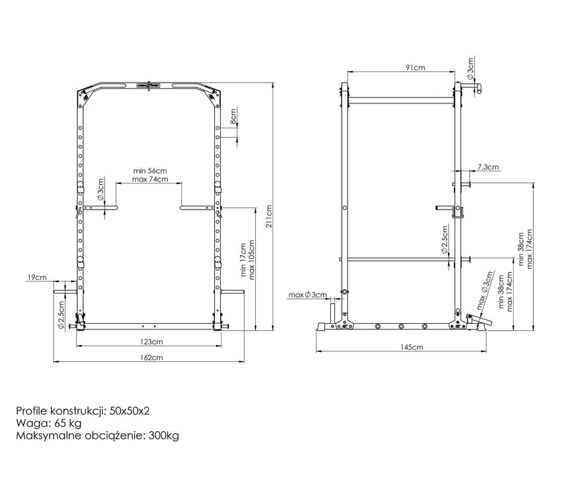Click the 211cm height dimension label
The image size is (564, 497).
point(269,217)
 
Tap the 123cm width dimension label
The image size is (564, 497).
point(152,341)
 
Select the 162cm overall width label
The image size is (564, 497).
point(152,357)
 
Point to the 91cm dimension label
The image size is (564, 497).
point(416,67)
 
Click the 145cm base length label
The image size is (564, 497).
point(412,347)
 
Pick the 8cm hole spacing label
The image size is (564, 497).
point(234,117)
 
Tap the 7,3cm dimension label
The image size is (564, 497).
point(488,167)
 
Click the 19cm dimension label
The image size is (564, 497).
point(37,277)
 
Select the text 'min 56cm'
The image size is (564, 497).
point(150,171)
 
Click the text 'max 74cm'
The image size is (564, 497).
point(150,179)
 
